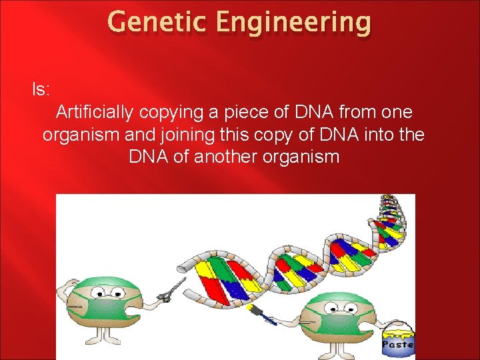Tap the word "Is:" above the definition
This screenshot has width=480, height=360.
click(x=42, y=88)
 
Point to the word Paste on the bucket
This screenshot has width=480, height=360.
click(x=399, y=345)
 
